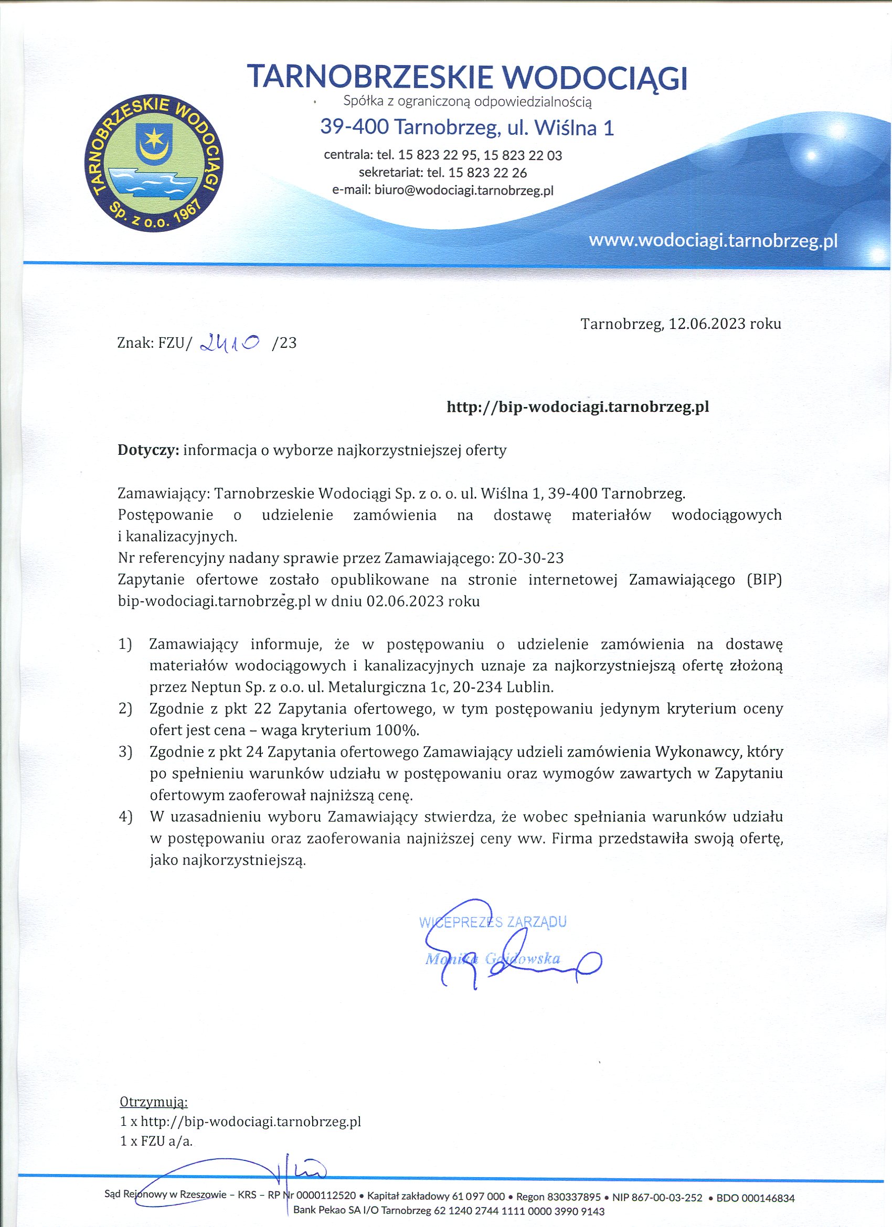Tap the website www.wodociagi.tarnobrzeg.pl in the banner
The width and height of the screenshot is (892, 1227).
tap(713, 240)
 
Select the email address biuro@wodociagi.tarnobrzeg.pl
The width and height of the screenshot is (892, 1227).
tap(464, 190)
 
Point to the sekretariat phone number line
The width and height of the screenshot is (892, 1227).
tap(443, 173)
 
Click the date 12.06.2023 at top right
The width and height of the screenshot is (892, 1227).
tap(707, 324)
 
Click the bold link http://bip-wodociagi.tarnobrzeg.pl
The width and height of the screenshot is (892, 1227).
tap(578, 407)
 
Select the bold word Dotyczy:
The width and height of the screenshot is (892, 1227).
tap(148, 450)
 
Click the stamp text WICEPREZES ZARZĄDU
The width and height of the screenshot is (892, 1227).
tap(493, 922)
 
